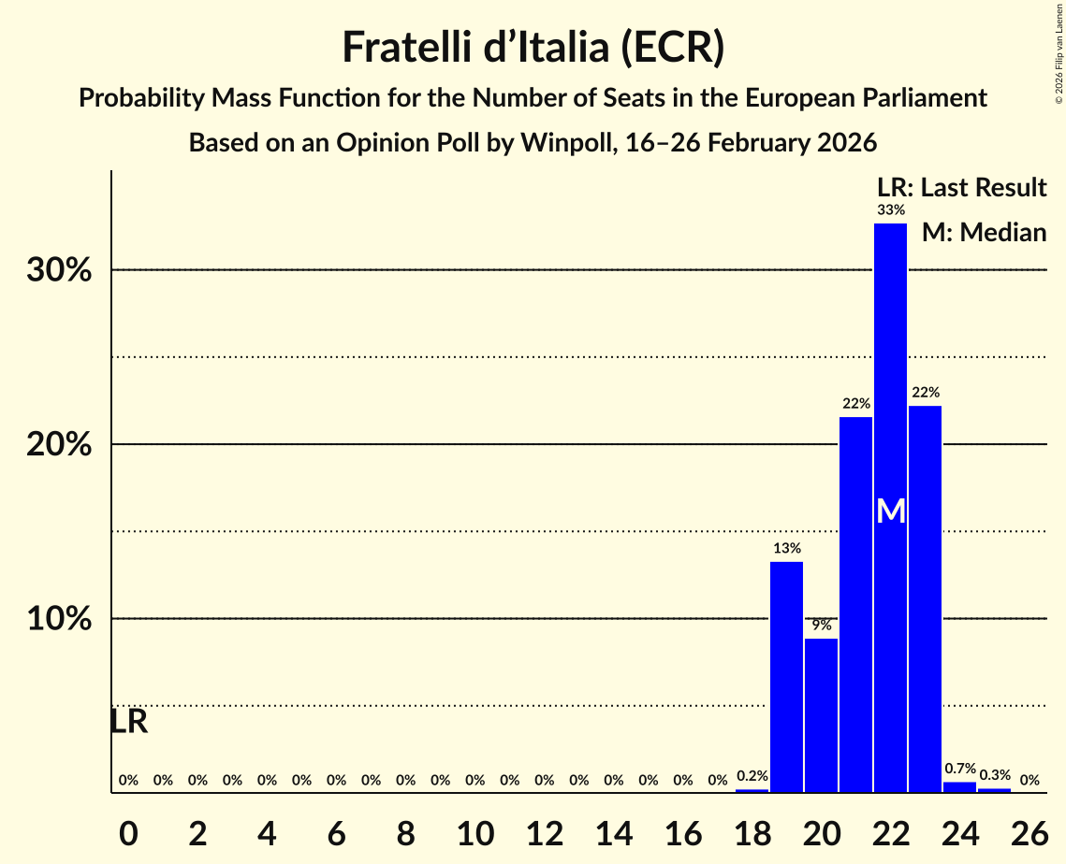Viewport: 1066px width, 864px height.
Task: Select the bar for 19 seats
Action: point(786,677)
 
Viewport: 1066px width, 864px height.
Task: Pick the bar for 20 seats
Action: point(821,715)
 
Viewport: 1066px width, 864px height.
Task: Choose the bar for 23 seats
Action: point(925,598)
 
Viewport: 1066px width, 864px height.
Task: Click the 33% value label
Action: point(890,210)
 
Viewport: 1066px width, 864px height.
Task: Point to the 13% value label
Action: point(786,549)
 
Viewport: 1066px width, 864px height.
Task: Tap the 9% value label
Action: point(821,626)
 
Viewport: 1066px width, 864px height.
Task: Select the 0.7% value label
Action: point(959,769)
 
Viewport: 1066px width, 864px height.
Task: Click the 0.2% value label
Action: point(752,775)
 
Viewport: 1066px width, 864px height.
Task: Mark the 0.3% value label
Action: point(994,775)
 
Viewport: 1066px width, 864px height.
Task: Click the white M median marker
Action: point(891,511)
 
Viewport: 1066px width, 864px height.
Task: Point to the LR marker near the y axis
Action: point(128,722)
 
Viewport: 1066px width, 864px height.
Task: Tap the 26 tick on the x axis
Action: point(1029,828)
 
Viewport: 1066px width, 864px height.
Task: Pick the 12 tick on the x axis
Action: point(544,828)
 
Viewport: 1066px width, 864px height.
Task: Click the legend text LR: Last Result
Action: point(961,188)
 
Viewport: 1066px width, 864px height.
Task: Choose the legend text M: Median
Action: point(984,232)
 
